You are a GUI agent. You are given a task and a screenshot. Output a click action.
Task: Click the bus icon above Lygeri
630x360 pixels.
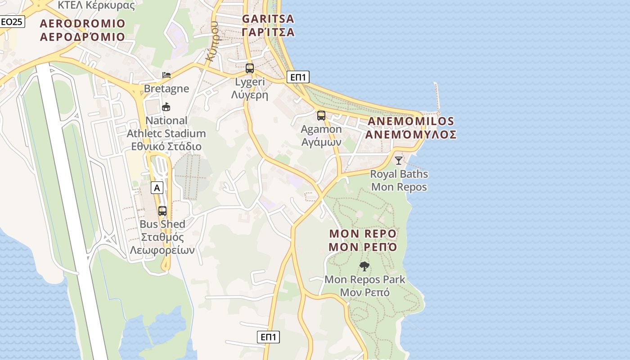point(249,68)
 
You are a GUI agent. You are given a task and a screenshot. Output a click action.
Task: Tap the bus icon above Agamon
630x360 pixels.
point(321,115)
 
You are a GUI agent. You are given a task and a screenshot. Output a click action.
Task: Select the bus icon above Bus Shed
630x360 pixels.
point(162,211)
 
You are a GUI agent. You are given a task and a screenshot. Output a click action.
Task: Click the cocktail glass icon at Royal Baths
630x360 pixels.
point(399,160)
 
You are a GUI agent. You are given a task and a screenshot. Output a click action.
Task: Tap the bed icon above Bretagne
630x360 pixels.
point(166,75)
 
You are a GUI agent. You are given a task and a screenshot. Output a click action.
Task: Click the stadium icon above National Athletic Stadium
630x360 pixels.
point(166,107)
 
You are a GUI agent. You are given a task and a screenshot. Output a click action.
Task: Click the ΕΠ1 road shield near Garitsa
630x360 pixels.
point(297,77)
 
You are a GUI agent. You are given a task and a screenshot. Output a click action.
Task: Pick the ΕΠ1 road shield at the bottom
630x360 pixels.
point(268,337)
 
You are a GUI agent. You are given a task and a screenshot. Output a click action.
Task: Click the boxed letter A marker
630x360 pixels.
point(157,188)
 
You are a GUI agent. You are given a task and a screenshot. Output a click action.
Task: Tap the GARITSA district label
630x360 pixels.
point(268,25)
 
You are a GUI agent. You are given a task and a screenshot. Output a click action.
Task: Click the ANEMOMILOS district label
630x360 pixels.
point(411,128)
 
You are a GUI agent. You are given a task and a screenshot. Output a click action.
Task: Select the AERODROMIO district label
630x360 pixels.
point(82,30)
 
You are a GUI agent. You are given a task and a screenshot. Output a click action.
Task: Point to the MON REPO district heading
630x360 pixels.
point(363,240)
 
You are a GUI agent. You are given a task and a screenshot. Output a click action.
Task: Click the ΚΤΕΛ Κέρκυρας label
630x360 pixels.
point(96,5)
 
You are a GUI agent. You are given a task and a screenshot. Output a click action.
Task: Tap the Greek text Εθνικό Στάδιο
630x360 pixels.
point(166,147)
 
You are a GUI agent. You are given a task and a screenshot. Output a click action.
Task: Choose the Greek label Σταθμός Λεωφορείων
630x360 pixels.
point(162,243)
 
